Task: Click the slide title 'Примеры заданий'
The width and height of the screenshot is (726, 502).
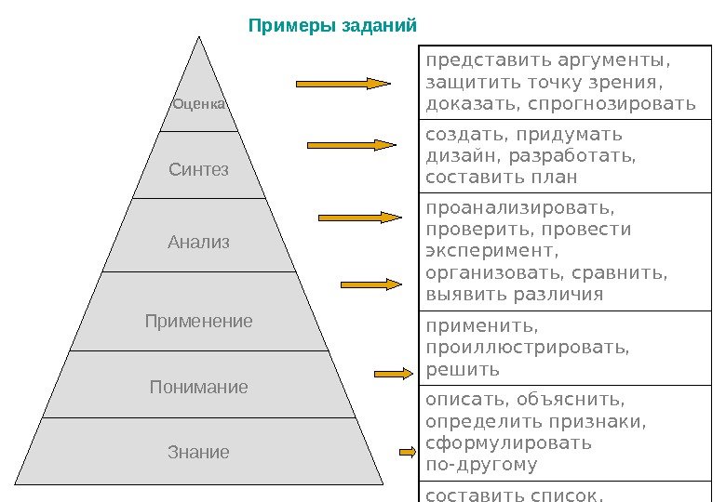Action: tap(332, 24)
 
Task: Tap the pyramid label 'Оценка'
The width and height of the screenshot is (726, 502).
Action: tap(199, 104)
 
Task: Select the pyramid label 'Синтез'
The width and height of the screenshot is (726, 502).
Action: tap(198, 170)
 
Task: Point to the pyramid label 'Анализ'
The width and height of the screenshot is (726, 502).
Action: tap(198, 243)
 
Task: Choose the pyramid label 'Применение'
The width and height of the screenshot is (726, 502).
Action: tap(198, 322)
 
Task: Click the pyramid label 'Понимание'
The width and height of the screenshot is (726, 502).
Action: tap(198, 387)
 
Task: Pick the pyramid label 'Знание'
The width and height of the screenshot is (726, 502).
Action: tap(198, 453)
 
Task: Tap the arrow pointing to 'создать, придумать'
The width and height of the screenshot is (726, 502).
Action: tap(352, 145)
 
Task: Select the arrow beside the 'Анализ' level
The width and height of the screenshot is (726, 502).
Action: tap(360, 218)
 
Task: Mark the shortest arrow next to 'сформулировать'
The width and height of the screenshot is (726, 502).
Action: tap(407, 453)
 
